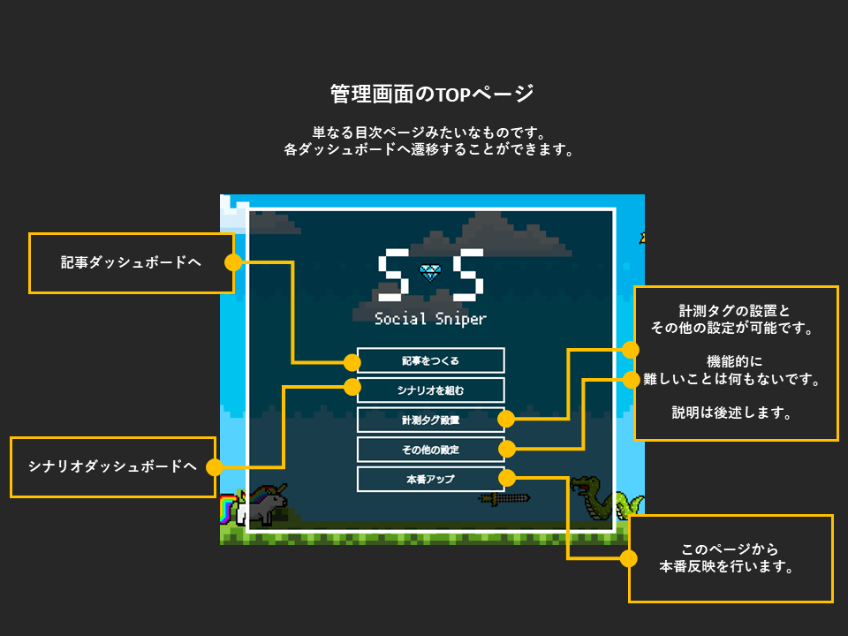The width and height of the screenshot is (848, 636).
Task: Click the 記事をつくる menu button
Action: coord(430,360)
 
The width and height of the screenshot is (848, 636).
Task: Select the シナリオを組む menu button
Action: coord(430,390)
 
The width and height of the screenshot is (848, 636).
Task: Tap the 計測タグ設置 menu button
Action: coord(430,420)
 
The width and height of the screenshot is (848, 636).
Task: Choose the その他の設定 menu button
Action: coord(430,450)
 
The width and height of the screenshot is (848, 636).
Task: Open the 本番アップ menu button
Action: coord(430,480)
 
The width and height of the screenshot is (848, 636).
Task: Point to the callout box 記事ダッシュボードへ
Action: coord(131,262)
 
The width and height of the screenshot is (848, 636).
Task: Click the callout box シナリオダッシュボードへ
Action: coord(112,466)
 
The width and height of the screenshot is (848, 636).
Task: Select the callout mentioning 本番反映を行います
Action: coord(730,558)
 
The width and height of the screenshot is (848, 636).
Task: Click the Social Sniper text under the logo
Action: coord(430,319)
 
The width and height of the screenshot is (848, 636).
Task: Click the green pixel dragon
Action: coord(601,501)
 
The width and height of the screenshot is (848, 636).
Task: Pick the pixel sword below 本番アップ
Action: coord(504,499)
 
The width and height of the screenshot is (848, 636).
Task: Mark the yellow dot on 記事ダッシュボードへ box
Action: coord(233,262)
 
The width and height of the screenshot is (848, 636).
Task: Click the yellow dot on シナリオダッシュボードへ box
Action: coord(215,466)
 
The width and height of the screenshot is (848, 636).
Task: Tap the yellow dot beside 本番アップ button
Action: coord(507,479)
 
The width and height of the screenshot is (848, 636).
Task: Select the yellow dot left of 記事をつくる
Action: coord(352,362)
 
